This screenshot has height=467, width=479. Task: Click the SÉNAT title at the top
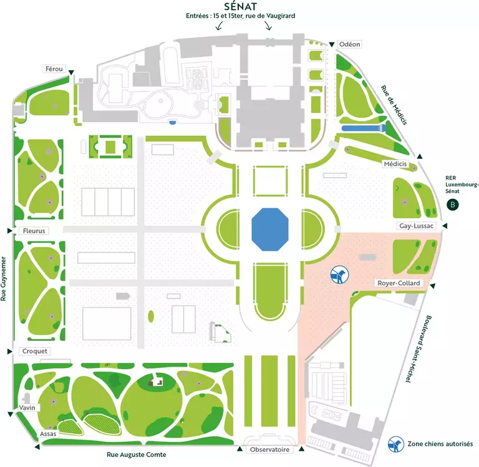[239, 6]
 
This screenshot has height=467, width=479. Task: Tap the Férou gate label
[54, 69]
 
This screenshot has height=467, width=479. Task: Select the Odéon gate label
[351, 44]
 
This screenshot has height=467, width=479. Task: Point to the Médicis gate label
[395, 164]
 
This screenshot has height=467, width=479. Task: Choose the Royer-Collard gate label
[399, 283]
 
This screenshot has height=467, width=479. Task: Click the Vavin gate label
[26, 407]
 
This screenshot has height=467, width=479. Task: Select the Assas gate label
[48, 433]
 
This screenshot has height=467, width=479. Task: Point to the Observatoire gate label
[269, 449]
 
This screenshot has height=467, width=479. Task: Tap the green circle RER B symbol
[453, 205]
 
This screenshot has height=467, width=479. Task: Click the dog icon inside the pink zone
[340, 274]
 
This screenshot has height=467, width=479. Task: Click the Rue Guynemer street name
[5, 277]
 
